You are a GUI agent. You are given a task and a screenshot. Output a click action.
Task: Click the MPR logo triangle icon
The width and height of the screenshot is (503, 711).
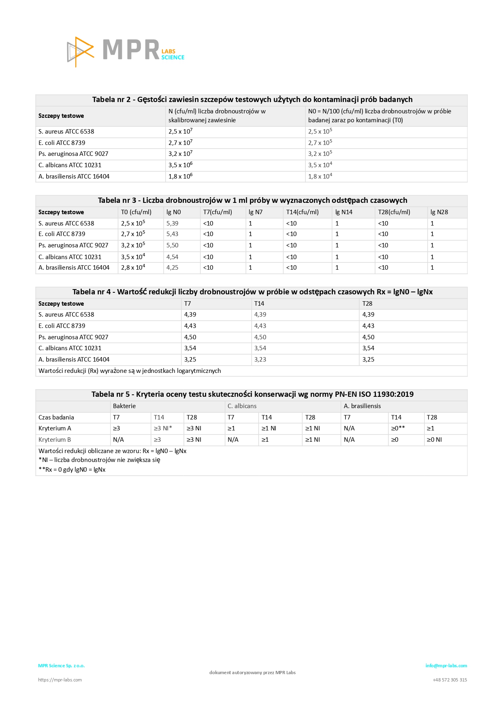coord(80,51)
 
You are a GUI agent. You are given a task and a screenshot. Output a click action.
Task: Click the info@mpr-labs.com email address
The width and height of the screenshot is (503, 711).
coord(446,666)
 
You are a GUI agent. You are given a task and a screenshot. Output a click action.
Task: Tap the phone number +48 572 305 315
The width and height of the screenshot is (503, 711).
coord(450,680)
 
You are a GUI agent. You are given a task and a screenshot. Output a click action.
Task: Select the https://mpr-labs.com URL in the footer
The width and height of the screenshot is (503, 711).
coord(60,680)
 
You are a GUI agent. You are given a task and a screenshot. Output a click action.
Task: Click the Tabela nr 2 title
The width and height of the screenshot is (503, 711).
coord(252,100)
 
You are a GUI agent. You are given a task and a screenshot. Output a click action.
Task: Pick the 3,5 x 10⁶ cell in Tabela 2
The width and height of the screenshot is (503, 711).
coord(180,165)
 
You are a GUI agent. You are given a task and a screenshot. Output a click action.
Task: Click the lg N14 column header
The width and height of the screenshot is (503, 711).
coord(343,212)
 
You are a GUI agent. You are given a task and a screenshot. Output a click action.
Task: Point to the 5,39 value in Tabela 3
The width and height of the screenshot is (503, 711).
coord(172,224)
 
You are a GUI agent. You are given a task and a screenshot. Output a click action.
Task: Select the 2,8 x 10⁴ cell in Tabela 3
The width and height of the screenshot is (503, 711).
coord(133,268)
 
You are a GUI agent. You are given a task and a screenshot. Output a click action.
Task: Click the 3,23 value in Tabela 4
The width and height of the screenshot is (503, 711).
coord(260,360)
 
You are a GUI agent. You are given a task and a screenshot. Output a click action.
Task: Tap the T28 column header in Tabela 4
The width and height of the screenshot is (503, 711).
coord(367,304)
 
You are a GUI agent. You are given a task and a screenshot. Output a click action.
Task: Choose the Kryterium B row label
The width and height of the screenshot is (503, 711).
coord(55,440)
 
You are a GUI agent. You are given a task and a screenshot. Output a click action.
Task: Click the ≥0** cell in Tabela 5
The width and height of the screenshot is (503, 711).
coord(398,428)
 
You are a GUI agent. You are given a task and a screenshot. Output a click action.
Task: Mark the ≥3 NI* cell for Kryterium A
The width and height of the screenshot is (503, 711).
coord(163,428)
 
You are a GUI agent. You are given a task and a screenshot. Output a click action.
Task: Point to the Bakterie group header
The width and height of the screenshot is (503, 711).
coord(124,406)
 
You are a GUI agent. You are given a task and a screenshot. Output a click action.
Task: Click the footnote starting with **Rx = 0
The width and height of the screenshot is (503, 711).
coord(72,470)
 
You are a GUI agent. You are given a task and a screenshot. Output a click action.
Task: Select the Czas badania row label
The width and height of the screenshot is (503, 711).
coord(56,417)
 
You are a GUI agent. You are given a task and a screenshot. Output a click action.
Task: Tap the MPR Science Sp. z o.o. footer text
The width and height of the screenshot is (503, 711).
coord(61,666)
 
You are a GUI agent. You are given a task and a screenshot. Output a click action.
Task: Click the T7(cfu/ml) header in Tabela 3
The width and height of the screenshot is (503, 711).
coord(217,212)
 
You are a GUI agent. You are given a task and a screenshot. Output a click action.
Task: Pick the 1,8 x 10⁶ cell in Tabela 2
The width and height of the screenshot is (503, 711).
coord(180,177)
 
